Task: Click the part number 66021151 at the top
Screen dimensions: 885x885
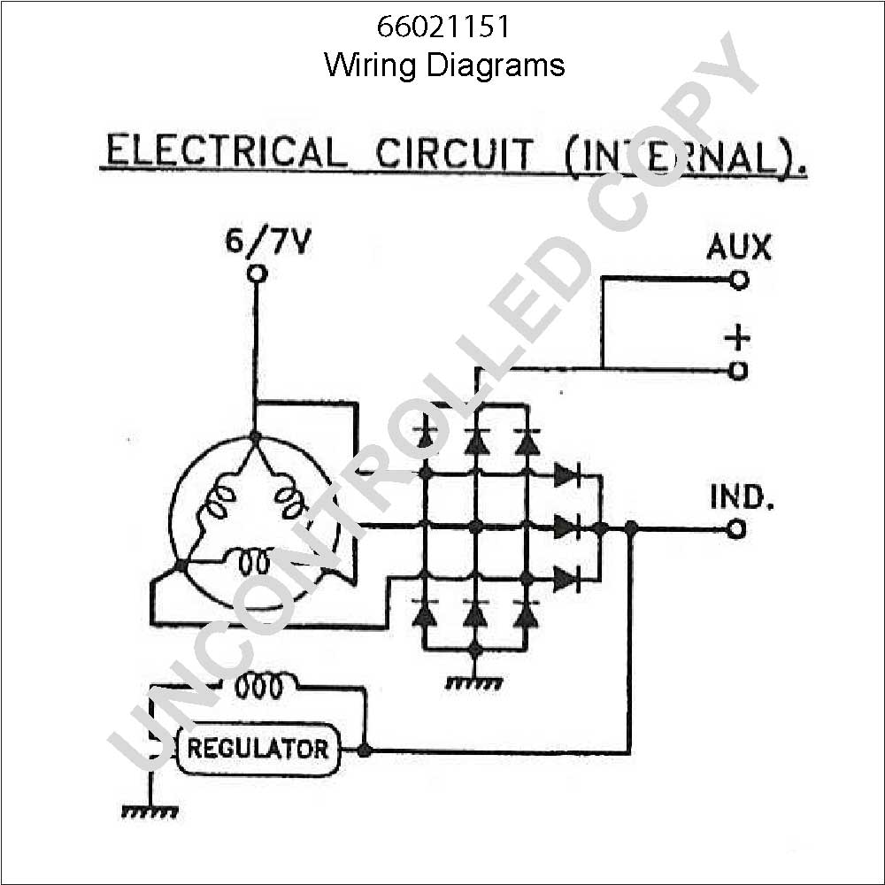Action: tap(443, 27)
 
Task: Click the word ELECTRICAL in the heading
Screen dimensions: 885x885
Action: tap(226, 151)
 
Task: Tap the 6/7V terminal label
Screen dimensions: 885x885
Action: tap(268, 242)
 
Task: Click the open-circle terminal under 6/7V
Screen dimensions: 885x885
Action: tap(258, 273)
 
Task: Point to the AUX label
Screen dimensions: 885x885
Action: tap(739, 247)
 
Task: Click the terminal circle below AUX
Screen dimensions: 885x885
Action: tap(738, 280)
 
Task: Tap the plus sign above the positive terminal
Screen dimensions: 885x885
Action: tap(738, 338)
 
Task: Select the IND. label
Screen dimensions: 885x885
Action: tap(741, 497)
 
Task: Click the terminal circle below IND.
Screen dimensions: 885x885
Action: tap(736, 529)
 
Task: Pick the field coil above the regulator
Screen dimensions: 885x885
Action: tap(258, 686)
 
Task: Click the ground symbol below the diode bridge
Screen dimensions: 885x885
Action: tap(474, 683)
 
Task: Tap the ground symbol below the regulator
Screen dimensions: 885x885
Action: tap(150, 812)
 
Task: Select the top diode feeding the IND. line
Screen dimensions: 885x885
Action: tap(567, 475)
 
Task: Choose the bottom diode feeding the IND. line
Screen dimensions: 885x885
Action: tap(567, 579)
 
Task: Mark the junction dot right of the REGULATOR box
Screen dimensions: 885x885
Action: tap(365, 750)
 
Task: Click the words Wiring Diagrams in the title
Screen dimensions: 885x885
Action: tap(444, 65)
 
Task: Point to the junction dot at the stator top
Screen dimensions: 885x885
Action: tap(255, 437)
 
